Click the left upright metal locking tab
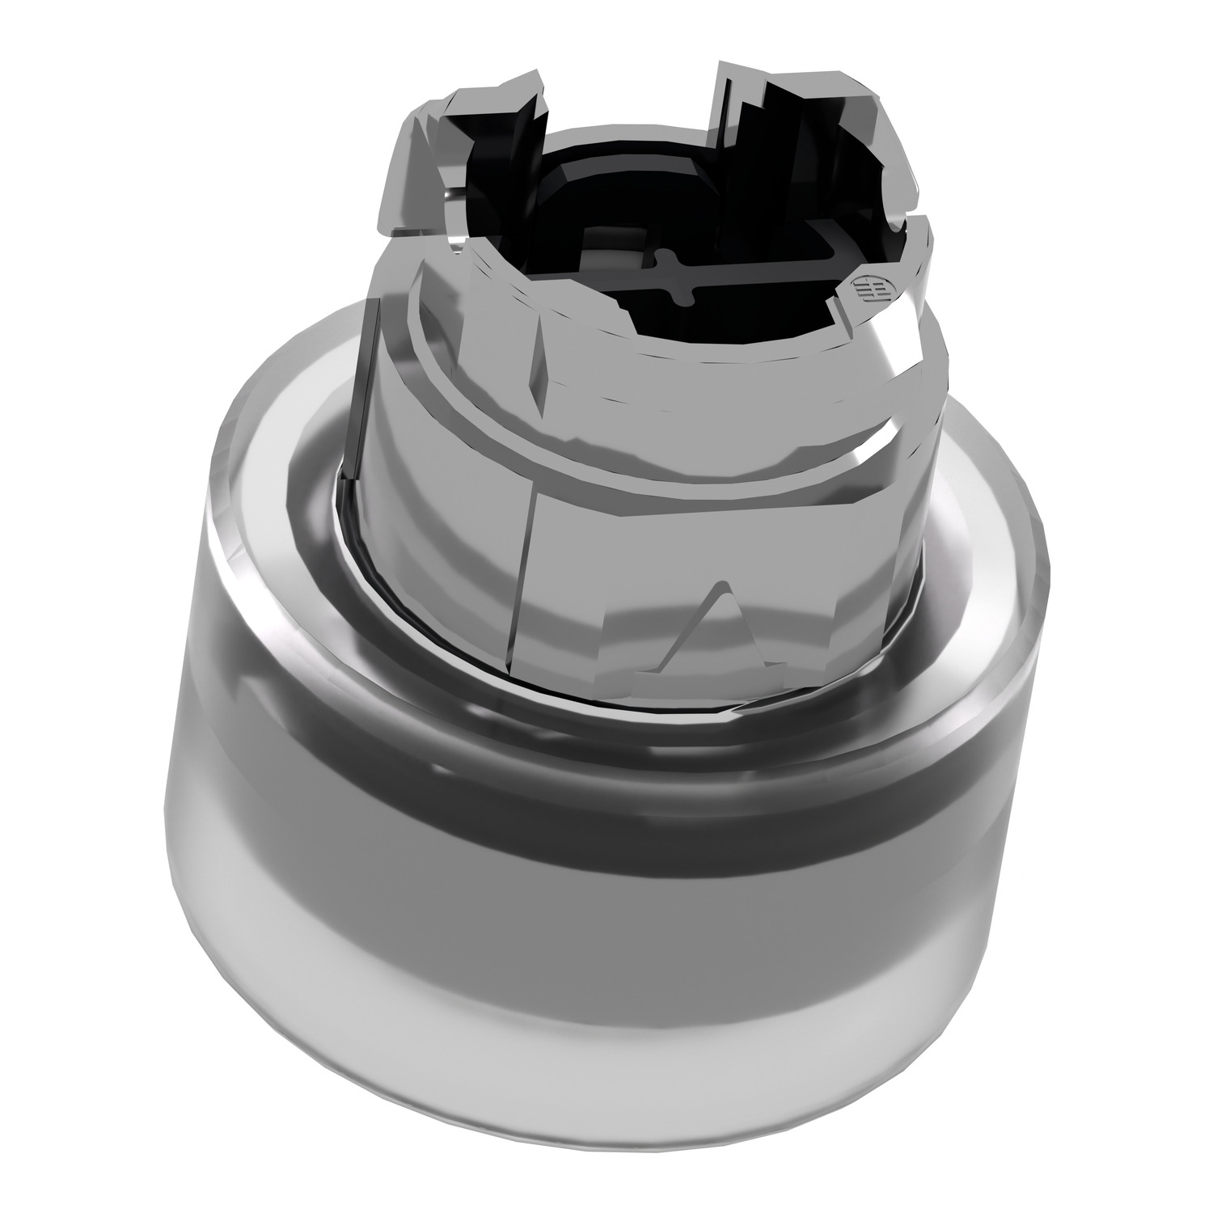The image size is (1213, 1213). tap(469, 154)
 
